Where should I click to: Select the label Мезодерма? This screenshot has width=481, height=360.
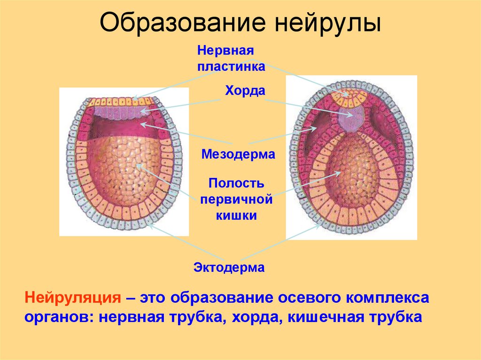[238, 154]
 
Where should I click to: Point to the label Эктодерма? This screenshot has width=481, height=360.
[229, 268]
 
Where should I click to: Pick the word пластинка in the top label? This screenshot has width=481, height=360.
[231, 66]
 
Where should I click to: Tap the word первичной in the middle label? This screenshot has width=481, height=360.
[236, 199]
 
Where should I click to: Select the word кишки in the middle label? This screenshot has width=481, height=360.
[236, 215]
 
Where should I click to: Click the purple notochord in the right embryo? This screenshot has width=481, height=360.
[351, 117]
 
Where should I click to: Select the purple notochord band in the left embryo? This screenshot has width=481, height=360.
[120, 112]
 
